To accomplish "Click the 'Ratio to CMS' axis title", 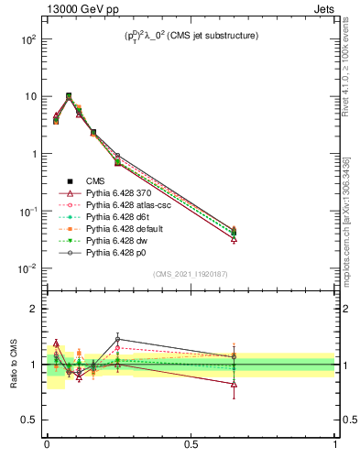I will click(14, 365).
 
